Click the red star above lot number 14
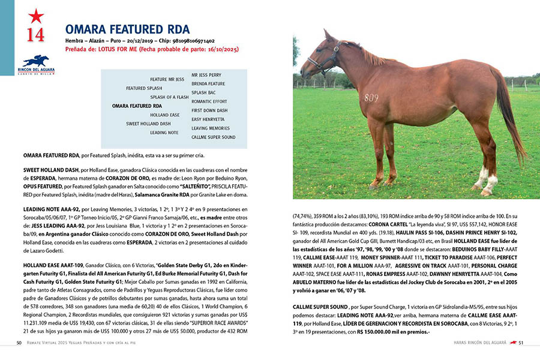35,16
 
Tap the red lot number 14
35,34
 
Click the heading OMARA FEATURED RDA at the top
127,29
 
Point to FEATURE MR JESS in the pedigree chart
167,79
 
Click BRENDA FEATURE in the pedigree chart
208,83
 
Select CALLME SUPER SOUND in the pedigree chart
213,137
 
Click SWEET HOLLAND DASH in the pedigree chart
148,124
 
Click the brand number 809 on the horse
371,98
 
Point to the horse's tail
510,114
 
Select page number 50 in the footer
19,343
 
